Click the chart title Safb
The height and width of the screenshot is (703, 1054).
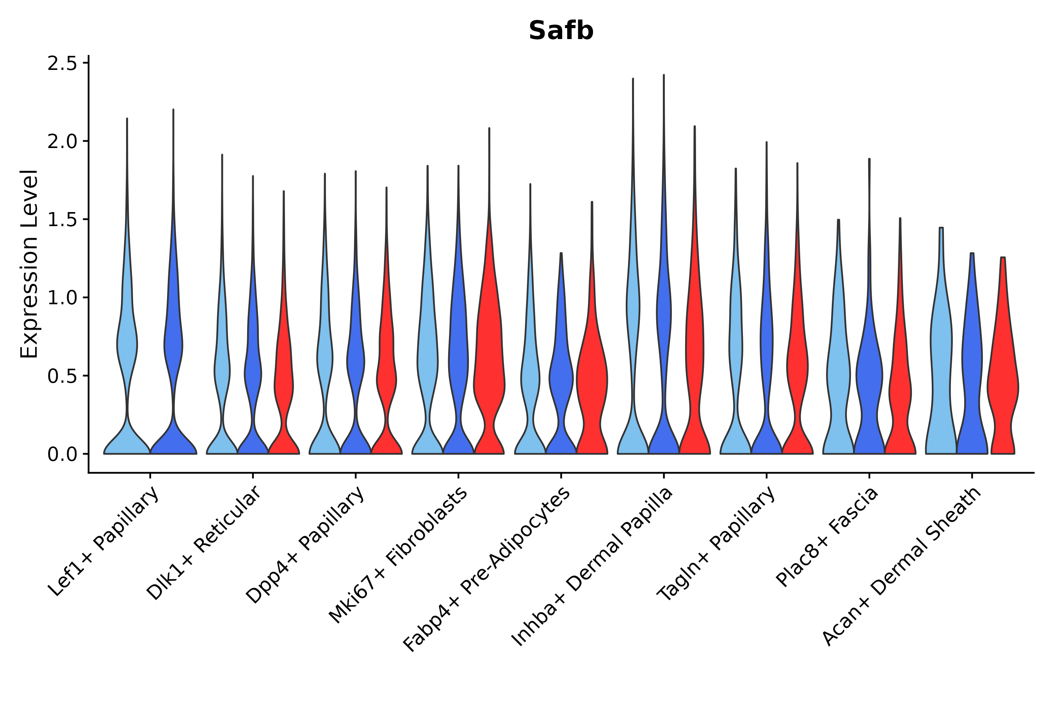(x=561, y=31)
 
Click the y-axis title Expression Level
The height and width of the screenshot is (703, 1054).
(x=29, y=264)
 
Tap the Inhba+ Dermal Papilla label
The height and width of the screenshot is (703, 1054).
(x=593, y=567)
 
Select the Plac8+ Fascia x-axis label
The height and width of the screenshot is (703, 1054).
(x=827, y=537)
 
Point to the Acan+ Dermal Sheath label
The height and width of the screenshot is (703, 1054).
(x=902, y=567)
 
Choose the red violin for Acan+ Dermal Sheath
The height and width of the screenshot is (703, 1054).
(x=1003, y=381)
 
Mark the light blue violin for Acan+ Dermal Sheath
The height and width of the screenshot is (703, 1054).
(x=941, y=359)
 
